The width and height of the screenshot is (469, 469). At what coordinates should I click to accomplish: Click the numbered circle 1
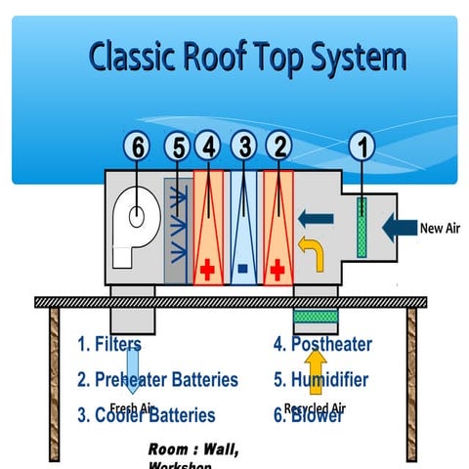(362, 148)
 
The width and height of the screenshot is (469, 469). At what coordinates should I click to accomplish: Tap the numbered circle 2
(278, 148)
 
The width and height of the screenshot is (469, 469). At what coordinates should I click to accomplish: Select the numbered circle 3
(244, 148)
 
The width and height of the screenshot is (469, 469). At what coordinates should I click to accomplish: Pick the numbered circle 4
(207, 148)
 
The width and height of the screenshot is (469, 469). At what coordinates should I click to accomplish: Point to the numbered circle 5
(176, 148)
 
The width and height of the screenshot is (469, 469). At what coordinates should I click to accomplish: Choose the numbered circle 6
(139, 148)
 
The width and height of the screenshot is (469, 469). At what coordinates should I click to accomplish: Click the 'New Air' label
(439, 230)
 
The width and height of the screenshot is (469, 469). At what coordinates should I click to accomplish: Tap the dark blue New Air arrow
(399, 229)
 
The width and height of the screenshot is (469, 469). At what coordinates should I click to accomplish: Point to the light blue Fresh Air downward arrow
(130, 366)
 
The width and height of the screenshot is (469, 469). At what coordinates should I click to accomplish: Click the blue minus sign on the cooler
(242, 267)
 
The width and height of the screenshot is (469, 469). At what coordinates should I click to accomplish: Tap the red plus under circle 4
(207, 267)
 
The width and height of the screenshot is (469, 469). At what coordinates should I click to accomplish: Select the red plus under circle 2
(278, 267)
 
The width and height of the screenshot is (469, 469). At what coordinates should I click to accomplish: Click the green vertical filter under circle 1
(362, 228)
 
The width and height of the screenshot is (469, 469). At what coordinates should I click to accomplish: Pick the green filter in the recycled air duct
(316, 316)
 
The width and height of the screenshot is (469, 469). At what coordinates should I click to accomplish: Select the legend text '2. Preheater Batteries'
(157, 379)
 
